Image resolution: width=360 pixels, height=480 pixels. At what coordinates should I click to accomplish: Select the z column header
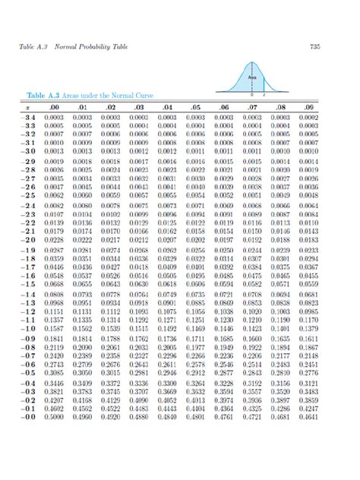(x=26, y=109)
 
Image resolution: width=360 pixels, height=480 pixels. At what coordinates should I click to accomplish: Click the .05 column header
(x=195, y=109)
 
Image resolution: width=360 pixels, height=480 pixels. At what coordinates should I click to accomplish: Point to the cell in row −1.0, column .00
(x=54, y=330)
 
